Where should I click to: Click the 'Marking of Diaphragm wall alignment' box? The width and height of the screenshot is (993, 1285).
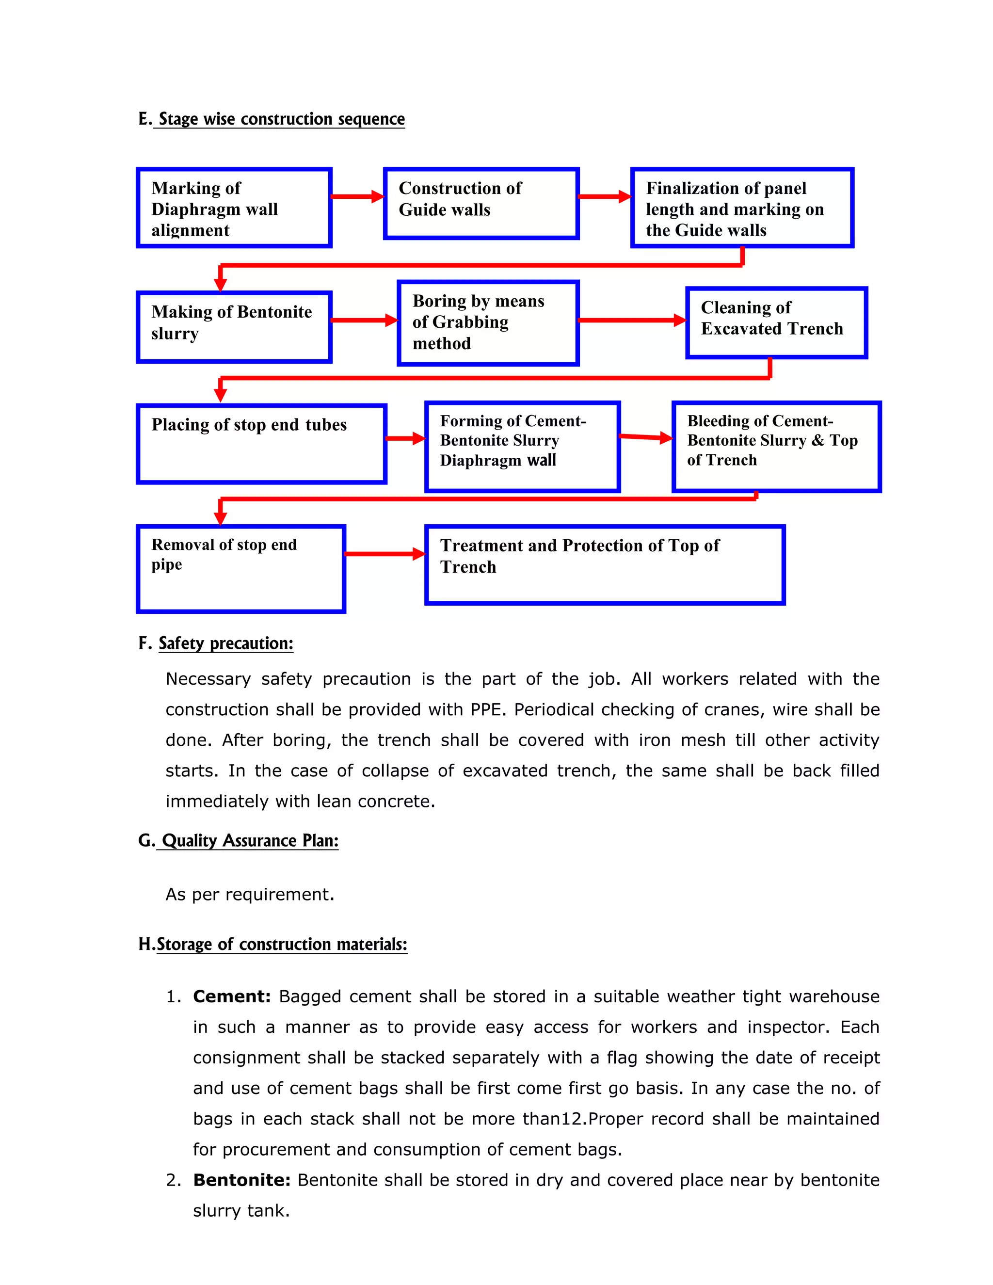(234, 208)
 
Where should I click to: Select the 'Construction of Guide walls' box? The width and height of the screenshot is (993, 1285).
(481, 204)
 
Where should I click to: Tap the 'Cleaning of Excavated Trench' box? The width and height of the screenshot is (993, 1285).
(777, 322)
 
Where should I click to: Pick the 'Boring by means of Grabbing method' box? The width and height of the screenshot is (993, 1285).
(488, 323)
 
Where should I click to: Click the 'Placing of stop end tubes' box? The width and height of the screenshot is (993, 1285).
(261, 444)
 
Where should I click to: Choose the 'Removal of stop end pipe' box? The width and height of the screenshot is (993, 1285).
(240, 568)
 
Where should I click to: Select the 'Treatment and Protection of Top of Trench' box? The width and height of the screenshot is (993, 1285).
(605, 565)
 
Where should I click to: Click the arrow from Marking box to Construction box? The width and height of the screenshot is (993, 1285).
(357, 196)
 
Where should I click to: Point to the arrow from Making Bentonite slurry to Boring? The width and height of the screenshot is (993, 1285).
(364, 320)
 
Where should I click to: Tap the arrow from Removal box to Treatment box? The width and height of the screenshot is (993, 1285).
(384, 554)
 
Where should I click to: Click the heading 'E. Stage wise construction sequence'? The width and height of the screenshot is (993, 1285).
(272, 119)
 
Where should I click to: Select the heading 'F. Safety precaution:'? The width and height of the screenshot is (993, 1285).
(216, 643)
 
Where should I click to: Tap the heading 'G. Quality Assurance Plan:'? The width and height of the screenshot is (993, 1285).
(238, 840)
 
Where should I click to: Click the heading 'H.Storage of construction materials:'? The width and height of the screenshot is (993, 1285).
(273, 944)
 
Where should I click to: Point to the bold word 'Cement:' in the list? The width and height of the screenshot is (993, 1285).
(232, 996)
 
